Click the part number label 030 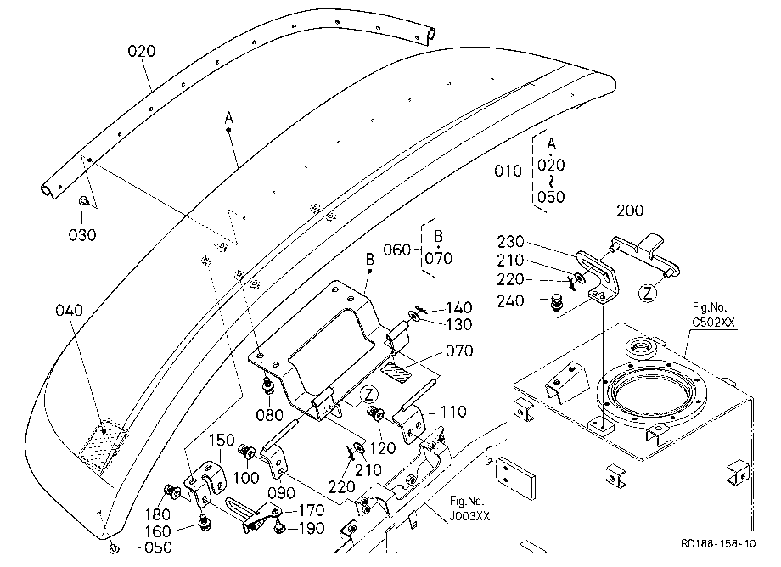tap(82, 235)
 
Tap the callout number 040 tap(70, 311)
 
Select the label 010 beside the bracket tap(508, 171)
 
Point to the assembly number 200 tap(630, 211)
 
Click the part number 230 tap(510, 242)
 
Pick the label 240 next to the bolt tap(510, 300)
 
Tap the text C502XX tap(713, 322)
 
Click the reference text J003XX tap(469, 516)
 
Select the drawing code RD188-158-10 tap(718, 543)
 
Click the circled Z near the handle tap(648, 292)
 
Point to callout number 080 tap(269, 415)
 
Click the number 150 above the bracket tap(222, 440)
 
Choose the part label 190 tap(311, 528)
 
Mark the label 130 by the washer tap(458, 324)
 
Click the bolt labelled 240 tap(556, 303)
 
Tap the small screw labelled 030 tap(83, 201)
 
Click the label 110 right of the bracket tap(452, 412)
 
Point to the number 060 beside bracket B tap(397, 250)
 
